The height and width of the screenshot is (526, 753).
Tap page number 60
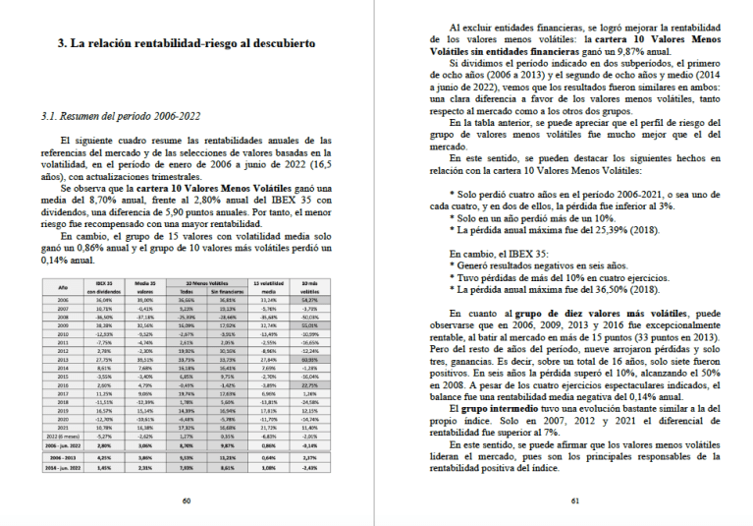[x=187, y=499]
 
